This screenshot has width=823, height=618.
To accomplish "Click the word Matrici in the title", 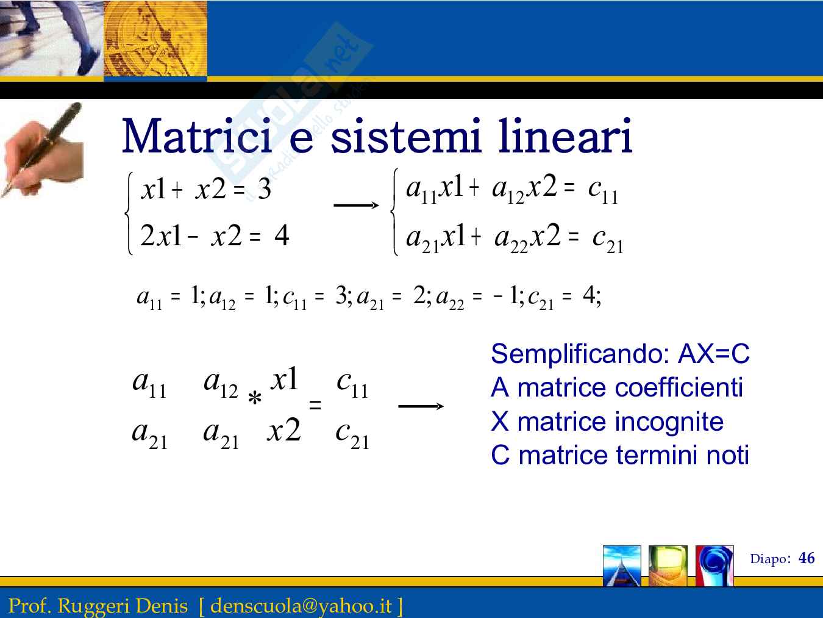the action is click(197, 136).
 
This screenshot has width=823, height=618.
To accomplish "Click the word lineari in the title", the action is click(565, 136).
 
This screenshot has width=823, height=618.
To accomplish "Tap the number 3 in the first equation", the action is click(265, 189).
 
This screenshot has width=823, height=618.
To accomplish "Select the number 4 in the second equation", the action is click(282, 235).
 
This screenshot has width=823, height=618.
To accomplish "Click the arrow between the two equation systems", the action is click(356, 205).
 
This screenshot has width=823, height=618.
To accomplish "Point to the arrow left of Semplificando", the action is click(421, 406).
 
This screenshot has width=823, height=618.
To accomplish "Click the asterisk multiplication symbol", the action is click(255, 398).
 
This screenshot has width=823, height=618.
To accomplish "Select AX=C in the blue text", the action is click(713, 353).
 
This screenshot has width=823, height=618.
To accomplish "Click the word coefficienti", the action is click(679, 387).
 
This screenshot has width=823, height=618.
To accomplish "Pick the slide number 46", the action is click(807, 558).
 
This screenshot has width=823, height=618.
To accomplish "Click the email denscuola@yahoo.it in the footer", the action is click(301, 606).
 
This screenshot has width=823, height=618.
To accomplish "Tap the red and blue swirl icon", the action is click(714, 566).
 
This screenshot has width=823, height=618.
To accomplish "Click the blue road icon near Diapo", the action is click(622, 566).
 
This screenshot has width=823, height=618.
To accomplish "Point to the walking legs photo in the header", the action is click(51, 38).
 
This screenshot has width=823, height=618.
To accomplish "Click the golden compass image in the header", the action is click(155, 38).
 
